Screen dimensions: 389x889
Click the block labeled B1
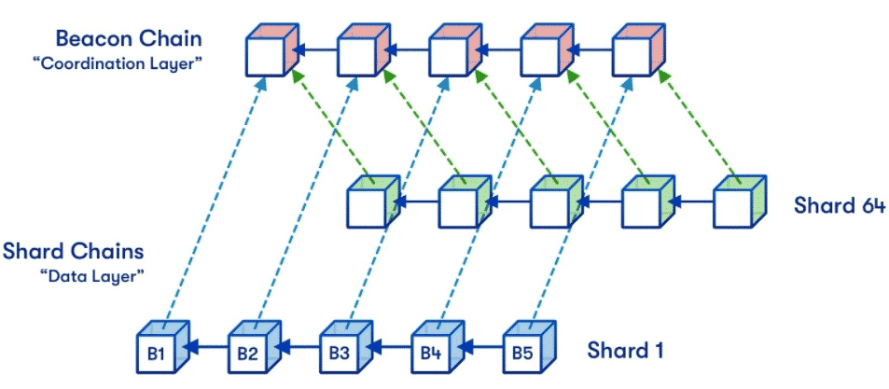tap(158, 353)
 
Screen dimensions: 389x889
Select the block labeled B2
tap(248, 353)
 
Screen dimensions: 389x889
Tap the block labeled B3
tap(340, 353)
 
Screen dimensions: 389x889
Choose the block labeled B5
tap(523, 353)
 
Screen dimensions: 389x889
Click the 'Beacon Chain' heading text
tap(129, 39)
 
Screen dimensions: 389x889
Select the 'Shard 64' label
tap(839, 204)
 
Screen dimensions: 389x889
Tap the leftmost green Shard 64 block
tap(371, 203)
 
